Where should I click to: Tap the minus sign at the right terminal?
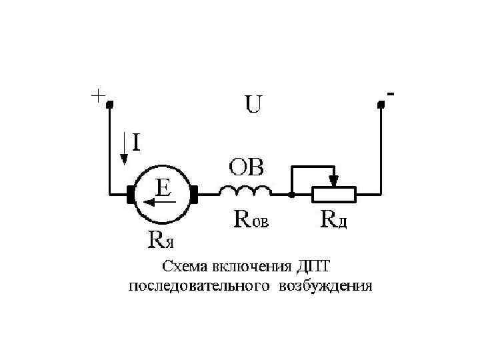pyautogui.click(x=390, y=94)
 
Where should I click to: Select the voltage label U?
pyautogui.click(x=253, y=105)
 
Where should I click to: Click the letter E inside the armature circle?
pyautogui.click(x=162, y=186)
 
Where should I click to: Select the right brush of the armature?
pyautogui.click(x=194, y=195)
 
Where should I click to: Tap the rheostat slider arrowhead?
pyautogui.click(x=335, y=181)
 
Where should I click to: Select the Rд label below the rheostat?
pyautogui.click(x=334, y=219)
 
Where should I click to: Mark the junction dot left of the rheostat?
pyautogui.click(x=291, y=195)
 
